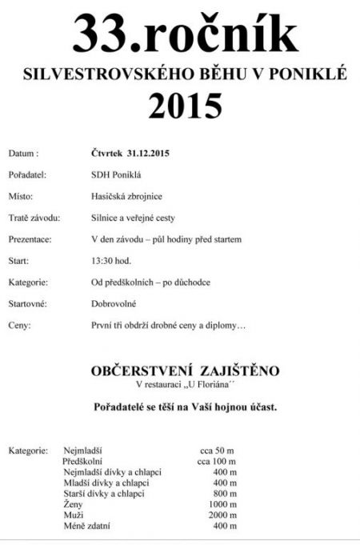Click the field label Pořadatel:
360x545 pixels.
pyautogui.click(x=27, y=174)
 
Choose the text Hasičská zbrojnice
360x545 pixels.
pyautogui.click(x=126, y=195)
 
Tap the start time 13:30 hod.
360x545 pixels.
pyautogui.click(x=112, y=261)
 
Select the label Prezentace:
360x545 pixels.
pyautogui.click(x=31, y=239)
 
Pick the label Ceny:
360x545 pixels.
pyautogui.click(x=20, y=326)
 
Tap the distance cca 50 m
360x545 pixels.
pyautogui.click(x=216, y=451)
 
